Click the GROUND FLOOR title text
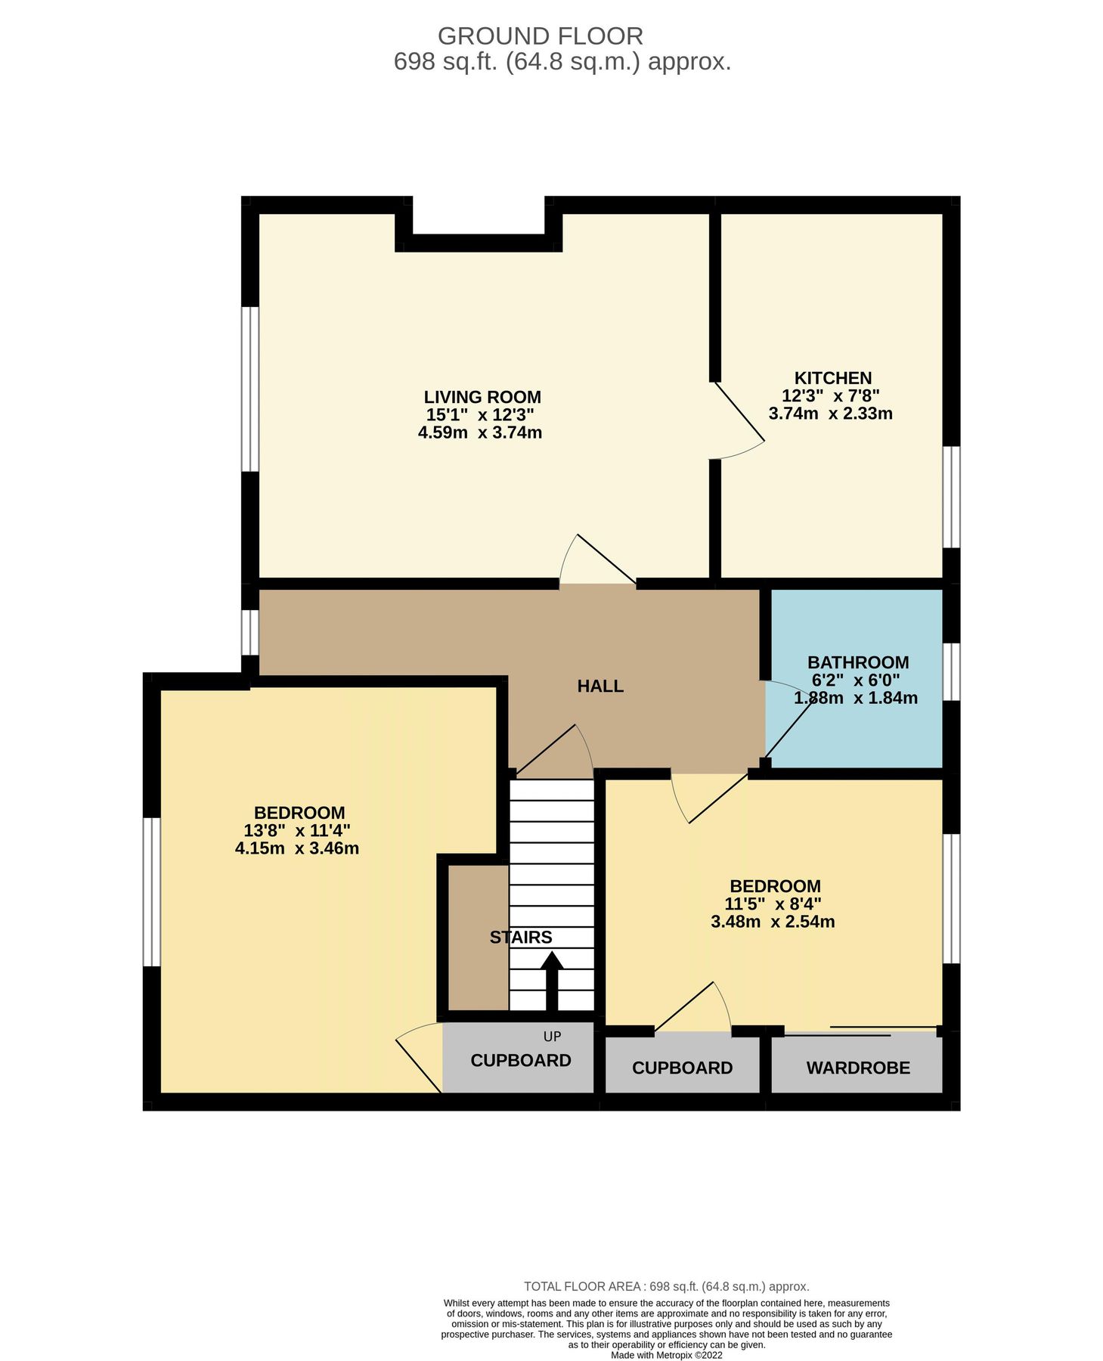[540, 36]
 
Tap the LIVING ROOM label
[482, 397]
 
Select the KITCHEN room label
[832, 378]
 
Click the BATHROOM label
[857, 662]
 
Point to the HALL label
[600, 686]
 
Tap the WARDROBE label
[857, 1068]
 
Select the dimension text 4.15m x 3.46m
[296, 848]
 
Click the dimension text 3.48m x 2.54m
[772, 922]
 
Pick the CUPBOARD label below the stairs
[520, 1060]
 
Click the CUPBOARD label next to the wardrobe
[682, 1068]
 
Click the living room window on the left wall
[250, 389]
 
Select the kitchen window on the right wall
[951, 496]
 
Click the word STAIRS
[520, 938]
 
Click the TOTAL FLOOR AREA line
[666, 1286]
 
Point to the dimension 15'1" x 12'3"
[480, 415]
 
